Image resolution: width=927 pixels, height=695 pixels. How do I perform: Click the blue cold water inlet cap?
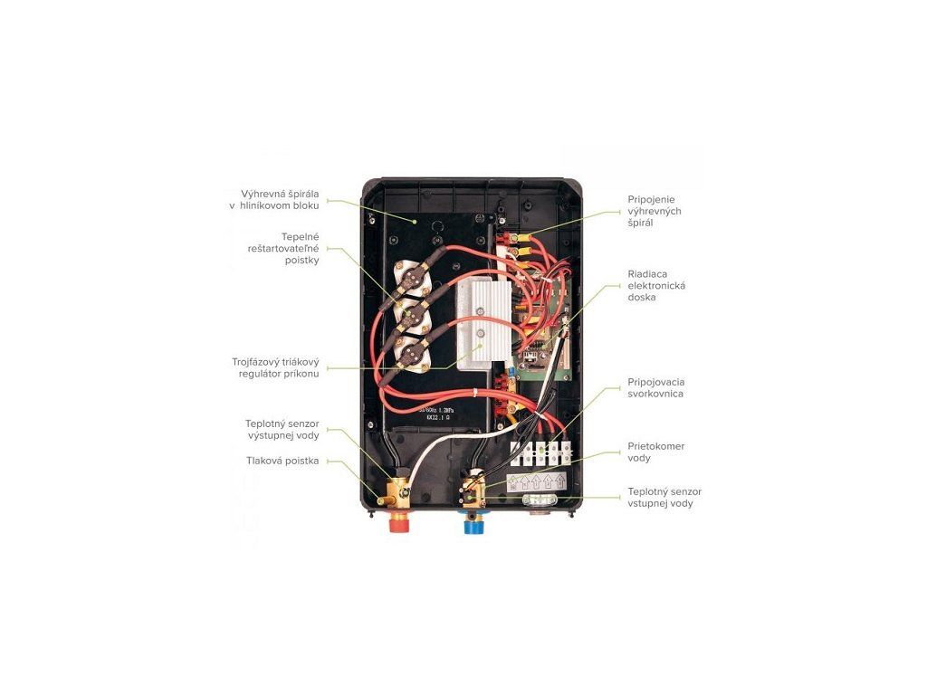pos(474,523)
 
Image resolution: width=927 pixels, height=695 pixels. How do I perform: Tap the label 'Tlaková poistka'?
pos(282,461)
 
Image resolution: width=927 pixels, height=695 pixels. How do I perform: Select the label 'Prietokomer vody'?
pos(655,452)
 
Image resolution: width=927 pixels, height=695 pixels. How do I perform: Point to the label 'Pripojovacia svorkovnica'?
pos(655,388)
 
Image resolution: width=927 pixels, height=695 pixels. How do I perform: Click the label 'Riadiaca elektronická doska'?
pos(656,285)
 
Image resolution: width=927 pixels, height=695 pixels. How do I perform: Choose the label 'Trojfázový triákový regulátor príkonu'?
pos(275,368)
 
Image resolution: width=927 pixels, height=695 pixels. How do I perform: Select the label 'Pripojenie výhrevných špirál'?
pos(655,211)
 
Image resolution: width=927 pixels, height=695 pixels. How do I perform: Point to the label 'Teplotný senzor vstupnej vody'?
pos(664,497)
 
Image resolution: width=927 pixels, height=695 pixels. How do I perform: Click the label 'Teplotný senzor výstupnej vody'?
pos(282,429)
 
